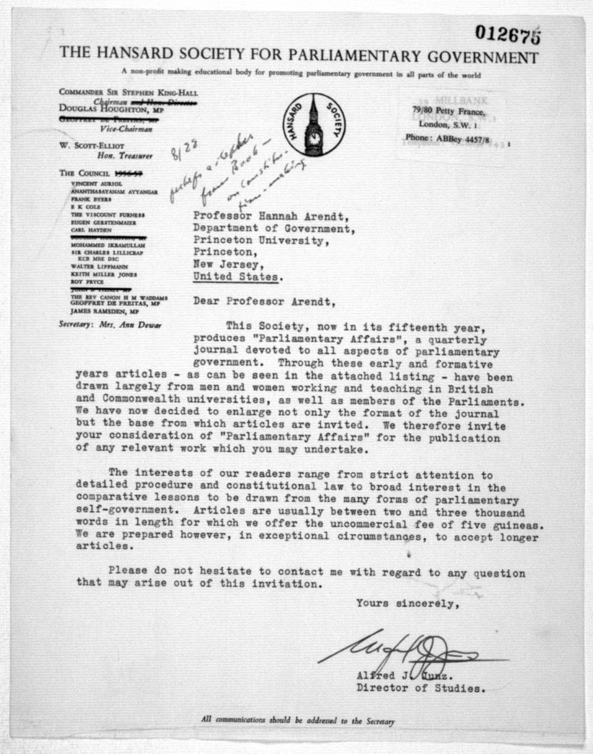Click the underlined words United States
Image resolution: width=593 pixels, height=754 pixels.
coord(236,277)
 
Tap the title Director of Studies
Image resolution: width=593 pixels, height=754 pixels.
coord(420,688)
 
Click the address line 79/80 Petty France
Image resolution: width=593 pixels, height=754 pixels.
coord(448,111)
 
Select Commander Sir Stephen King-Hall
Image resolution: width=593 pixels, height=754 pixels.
coord(128,92)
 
